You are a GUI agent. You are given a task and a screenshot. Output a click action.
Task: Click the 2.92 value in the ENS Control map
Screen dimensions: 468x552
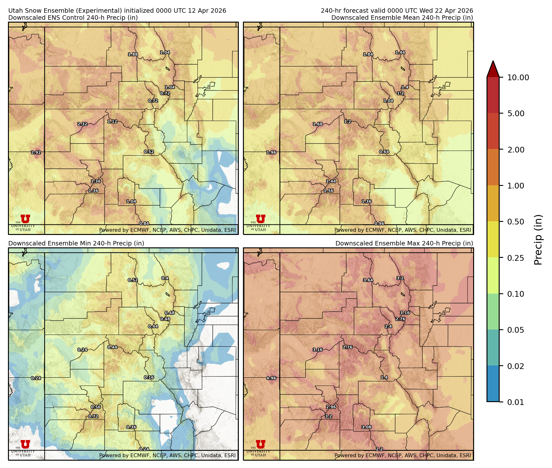point(36,152)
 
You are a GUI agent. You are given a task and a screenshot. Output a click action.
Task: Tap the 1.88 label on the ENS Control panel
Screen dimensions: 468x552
point(133,54)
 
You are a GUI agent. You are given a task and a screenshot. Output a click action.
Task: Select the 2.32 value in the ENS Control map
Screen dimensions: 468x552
point(82,124)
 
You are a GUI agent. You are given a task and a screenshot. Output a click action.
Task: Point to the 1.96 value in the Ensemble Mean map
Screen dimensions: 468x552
point(271,152)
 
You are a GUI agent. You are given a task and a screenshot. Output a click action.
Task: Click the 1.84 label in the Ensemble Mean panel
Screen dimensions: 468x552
point(368,54)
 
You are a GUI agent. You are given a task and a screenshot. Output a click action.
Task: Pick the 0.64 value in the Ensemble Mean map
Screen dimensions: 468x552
point(384,152)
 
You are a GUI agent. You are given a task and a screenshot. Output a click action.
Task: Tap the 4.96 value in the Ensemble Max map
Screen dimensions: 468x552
point(271,378)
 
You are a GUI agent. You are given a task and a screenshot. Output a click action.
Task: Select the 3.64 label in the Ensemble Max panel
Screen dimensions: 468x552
point(368,280)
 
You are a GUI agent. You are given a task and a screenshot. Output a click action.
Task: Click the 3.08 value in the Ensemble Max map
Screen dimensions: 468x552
point(367,427)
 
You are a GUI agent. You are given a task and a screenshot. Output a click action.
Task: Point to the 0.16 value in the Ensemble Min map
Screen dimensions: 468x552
point(149,378)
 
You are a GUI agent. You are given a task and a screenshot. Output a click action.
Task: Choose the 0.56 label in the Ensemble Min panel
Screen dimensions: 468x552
point(96,407)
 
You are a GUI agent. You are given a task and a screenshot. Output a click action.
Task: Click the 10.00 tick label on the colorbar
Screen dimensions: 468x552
point(518,78)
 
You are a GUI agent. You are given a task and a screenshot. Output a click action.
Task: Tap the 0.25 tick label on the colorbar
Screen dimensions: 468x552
point(516,258)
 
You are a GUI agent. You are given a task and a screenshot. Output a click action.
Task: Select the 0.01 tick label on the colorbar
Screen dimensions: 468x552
point(516,402)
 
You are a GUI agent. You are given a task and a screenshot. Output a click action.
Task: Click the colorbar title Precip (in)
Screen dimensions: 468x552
point(538,240)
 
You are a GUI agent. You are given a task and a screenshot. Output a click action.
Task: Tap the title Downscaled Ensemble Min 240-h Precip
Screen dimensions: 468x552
point(76,244)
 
